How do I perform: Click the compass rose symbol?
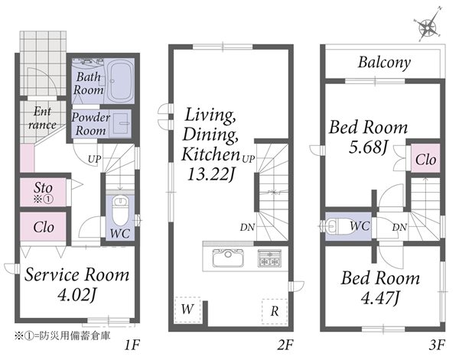pyautogui.click(x=428, y=27)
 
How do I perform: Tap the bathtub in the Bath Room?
pyautogui.click(x=121, y=80)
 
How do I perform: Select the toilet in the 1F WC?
pyautogui.click(x=120, y=210)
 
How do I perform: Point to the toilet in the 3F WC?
pyautogui.click(x=339, y=226)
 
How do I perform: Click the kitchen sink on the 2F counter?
pyautogui.click(x=228, y=258)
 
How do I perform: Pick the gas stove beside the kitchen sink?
pyautogui.click(x=269, y=258)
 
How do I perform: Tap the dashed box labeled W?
pyautogui.click(x=187, y=310)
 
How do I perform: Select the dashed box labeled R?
pyautogui.click(x=275, y=311)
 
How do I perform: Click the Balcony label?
pyautogui.click(x=384, y=63)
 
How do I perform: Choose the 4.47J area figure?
pyautogui.click(x=380, y=298)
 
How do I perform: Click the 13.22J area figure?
pyautogui.click(x=211, y=174)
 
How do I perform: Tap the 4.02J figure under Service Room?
pyautogui.click(x=76, y=295)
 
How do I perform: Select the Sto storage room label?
pyautogui.click(x=43, y=187)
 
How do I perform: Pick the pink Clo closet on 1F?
pyautogui.click(x=44, y=227)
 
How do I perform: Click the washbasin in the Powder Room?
pyautogui.click(x=121, y=123)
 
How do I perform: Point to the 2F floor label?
pyautogui.click(x=285, y=345)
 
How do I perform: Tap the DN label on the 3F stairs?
pyautogui.click(x=399, y=227)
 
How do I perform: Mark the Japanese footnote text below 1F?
pyautogui.click(x=63, y=336)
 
